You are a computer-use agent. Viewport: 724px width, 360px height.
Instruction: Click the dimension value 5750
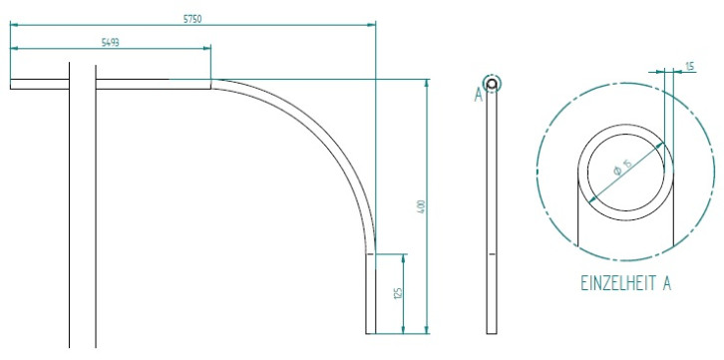point(192,17)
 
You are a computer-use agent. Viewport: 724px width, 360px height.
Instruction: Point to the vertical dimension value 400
point(421,206)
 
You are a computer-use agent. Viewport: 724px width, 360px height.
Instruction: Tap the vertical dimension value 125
point(396,293)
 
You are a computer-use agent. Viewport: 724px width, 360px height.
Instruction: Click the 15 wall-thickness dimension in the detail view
point(690,66)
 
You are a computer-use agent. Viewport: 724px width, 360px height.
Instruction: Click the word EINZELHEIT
point(616,283)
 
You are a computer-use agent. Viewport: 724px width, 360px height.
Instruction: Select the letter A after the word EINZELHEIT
point(665,283)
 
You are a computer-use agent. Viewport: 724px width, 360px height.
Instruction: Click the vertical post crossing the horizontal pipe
point(84,199)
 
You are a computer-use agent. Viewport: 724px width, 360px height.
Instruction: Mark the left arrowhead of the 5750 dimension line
point(14,24)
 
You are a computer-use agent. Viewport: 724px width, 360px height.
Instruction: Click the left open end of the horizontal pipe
point(12,84)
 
